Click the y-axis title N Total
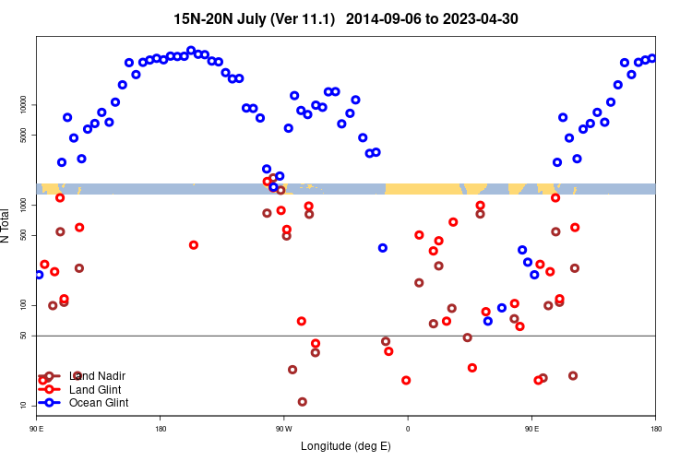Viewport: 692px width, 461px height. [x=6, y=226]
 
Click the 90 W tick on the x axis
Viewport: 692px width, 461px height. [x=283, y=428]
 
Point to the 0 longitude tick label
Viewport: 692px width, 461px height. [x=408, y=428]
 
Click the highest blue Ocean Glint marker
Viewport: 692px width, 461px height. [x=191, y=51]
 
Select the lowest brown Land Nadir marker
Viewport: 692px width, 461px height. [x=303, y=402]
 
